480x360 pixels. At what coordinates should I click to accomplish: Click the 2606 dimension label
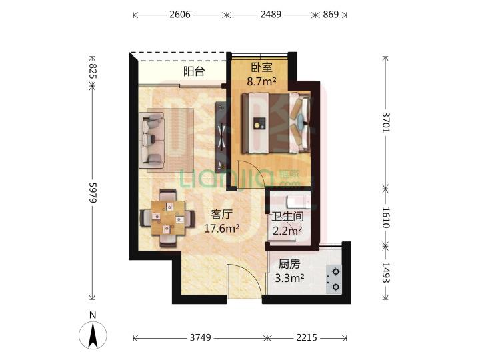coord(180,15)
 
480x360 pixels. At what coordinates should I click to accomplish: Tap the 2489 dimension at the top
coord(271,15)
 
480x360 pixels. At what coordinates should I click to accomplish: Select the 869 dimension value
coord(331,15)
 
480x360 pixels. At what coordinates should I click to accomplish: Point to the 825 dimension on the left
coord(93,71)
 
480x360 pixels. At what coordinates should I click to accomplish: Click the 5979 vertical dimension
coord(93,193)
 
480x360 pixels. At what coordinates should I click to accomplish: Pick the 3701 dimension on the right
coord(386,122)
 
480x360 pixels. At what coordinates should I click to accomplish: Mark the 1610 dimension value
coord(386,217)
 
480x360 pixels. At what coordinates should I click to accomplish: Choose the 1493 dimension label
coord(386,273)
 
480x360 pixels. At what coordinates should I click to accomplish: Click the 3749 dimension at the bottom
coord(201,337)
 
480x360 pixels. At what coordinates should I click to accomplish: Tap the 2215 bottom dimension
coord(307,337)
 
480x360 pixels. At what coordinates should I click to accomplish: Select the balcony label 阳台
coord(194,71)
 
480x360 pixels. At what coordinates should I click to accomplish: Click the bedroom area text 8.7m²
coord(262,82)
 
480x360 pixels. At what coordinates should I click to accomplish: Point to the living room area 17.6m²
coord(221,228)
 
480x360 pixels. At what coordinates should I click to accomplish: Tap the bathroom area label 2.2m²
coord(287,230)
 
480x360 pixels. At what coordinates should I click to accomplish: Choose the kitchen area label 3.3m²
coord(289,278)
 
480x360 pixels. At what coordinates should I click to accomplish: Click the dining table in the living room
coord(168,218)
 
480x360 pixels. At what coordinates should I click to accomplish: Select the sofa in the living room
coord(151,140)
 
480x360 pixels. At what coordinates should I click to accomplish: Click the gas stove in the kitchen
coord(334,279)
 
